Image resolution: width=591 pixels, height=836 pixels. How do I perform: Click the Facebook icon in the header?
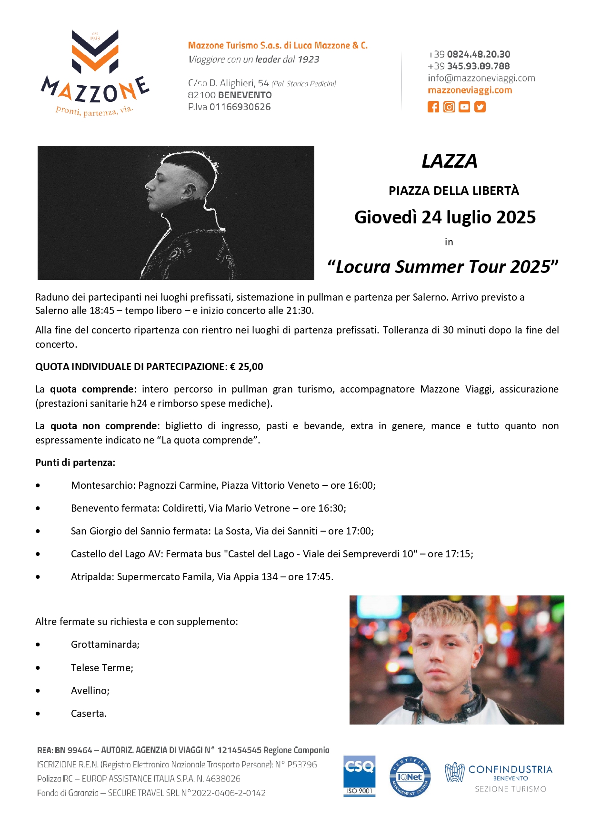433,107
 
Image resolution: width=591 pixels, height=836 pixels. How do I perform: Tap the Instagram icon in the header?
449,107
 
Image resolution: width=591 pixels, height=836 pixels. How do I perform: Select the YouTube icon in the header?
464,107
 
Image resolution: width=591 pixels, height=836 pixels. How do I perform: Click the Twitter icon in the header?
480,107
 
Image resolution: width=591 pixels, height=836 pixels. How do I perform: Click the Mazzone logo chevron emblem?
95,51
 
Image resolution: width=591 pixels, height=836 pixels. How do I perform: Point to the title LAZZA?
449,161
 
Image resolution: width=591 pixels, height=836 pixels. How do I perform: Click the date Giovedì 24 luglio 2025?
445,217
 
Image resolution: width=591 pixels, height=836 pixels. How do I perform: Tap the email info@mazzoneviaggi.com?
481,78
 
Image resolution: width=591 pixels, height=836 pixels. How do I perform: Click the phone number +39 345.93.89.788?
469,66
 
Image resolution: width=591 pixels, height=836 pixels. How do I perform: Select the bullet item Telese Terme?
102,668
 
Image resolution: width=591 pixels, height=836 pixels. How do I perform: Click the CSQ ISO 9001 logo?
360,776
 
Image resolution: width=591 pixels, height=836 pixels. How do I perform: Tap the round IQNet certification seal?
410,777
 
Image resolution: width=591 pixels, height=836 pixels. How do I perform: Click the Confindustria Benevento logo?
498,777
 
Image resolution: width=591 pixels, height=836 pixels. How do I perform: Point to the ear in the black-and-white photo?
192,191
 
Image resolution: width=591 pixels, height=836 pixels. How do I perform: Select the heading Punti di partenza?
75,463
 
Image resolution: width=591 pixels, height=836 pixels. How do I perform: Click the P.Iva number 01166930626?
240,107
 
